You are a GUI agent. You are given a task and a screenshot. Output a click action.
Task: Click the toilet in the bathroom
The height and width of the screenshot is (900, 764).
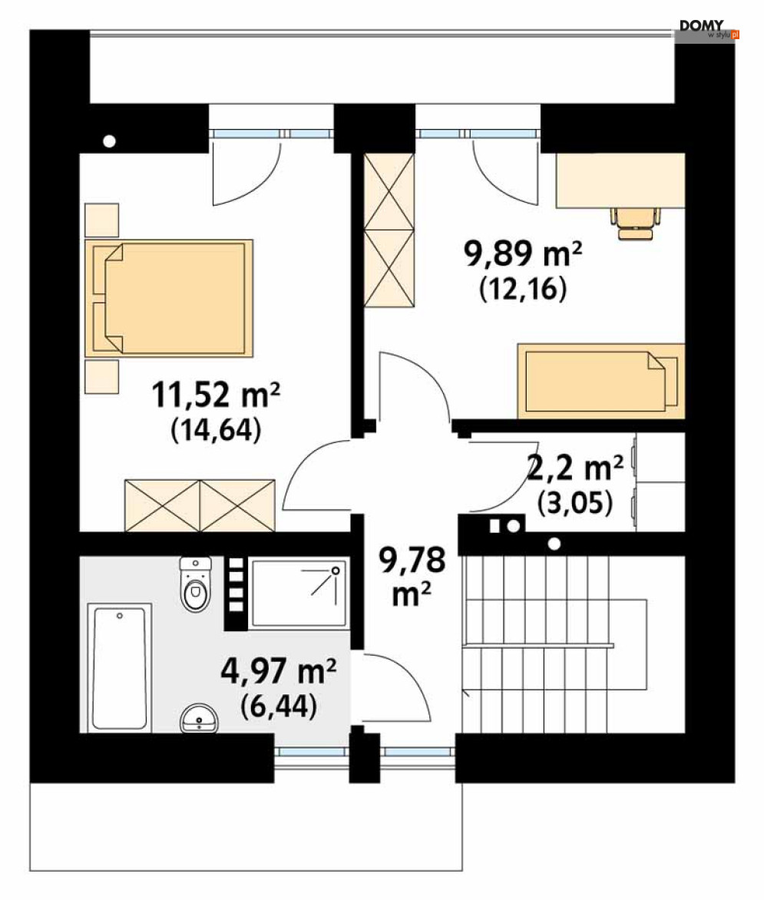pyautogui.click(x=196, y=584)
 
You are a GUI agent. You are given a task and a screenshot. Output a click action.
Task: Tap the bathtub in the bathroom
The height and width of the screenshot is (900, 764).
pyautogui.click(x=119, y=668)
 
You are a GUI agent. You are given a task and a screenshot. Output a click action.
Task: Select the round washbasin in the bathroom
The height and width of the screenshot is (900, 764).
pyautogui.click(x=199, y=718)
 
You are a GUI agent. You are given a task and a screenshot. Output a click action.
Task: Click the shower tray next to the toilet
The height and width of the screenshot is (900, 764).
pyautogui.click(x=299, y=593)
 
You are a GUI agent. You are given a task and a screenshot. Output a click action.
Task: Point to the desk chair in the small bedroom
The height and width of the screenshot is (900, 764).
pyautogui.click(x=636, y=222)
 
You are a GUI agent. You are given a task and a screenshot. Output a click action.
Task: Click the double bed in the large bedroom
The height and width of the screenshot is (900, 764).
pyautogui.click(x=169, y=296)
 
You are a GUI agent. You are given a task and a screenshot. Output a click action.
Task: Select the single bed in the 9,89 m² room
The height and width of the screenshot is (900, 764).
pyautogui.click(x=601, y=381)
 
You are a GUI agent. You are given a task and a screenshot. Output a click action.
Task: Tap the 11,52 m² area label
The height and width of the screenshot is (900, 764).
pyautogui.click(x=216, y=395)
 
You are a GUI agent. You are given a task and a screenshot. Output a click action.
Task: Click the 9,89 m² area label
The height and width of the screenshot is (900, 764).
pyautogui.click(x=523, y=253)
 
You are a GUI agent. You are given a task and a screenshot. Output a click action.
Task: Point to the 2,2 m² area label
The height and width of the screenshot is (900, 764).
pyautogui.click(x=575, y=468)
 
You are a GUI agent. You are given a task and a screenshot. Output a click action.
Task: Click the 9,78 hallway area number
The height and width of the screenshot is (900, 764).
pyautogui.click(x=412, y=560)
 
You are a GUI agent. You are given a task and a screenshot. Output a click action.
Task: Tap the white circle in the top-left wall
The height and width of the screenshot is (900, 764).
pyautogui.click(x=110, y=141)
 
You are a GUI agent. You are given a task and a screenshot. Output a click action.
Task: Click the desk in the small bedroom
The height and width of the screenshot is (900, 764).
pyautogui.click(x=620, y=180)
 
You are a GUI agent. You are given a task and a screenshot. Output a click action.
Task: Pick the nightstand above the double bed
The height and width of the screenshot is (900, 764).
pyautogui.click(x=101, y=220)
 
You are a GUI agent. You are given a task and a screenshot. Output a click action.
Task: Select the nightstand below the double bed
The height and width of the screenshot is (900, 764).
pyautogui.click(x=101, y=376)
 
